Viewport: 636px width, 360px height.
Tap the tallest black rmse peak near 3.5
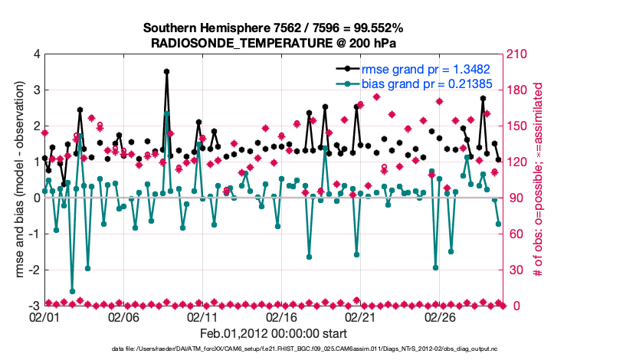point(166,71)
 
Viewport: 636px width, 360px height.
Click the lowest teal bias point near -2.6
point(72,291)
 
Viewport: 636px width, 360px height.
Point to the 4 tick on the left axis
point(35,54)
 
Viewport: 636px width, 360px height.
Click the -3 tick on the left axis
point(33,306)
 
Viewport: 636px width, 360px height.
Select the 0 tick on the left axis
point(35,198)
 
